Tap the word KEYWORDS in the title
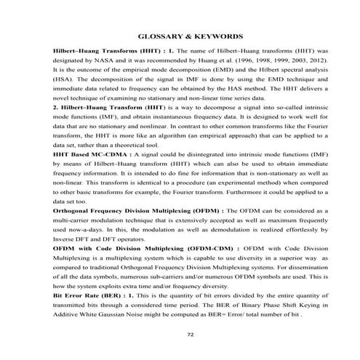point(216,36)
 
